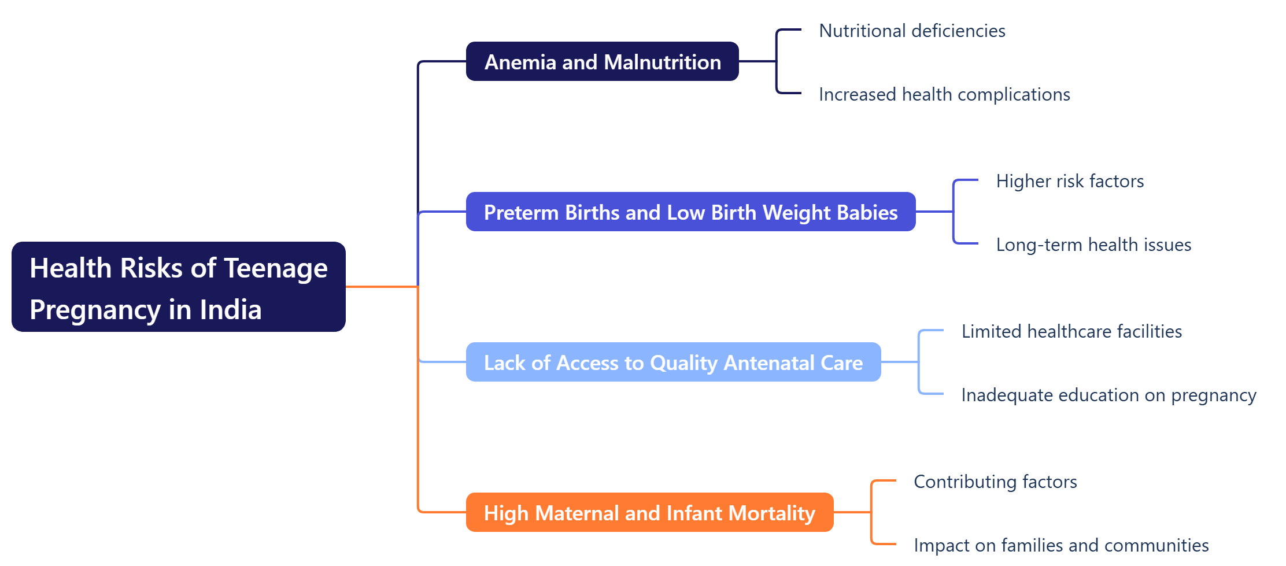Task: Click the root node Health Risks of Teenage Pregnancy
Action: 178,287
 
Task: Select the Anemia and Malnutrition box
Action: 602,62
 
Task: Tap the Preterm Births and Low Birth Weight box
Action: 690,212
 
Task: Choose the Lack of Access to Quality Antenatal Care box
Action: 673,362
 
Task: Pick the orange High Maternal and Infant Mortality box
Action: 649,513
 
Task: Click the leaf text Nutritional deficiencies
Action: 912,31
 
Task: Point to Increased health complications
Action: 944,94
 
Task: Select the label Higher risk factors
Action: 1070,181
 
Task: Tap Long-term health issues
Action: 1093,245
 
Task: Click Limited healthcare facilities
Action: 1071,331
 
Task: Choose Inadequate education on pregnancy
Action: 1108,395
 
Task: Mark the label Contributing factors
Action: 995,482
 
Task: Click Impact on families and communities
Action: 1061,545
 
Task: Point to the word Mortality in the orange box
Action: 771,513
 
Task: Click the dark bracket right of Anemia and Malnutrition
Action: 777,61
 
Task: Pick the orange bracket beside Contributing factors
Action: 872,512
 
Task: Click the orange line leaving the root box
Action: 382,286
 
